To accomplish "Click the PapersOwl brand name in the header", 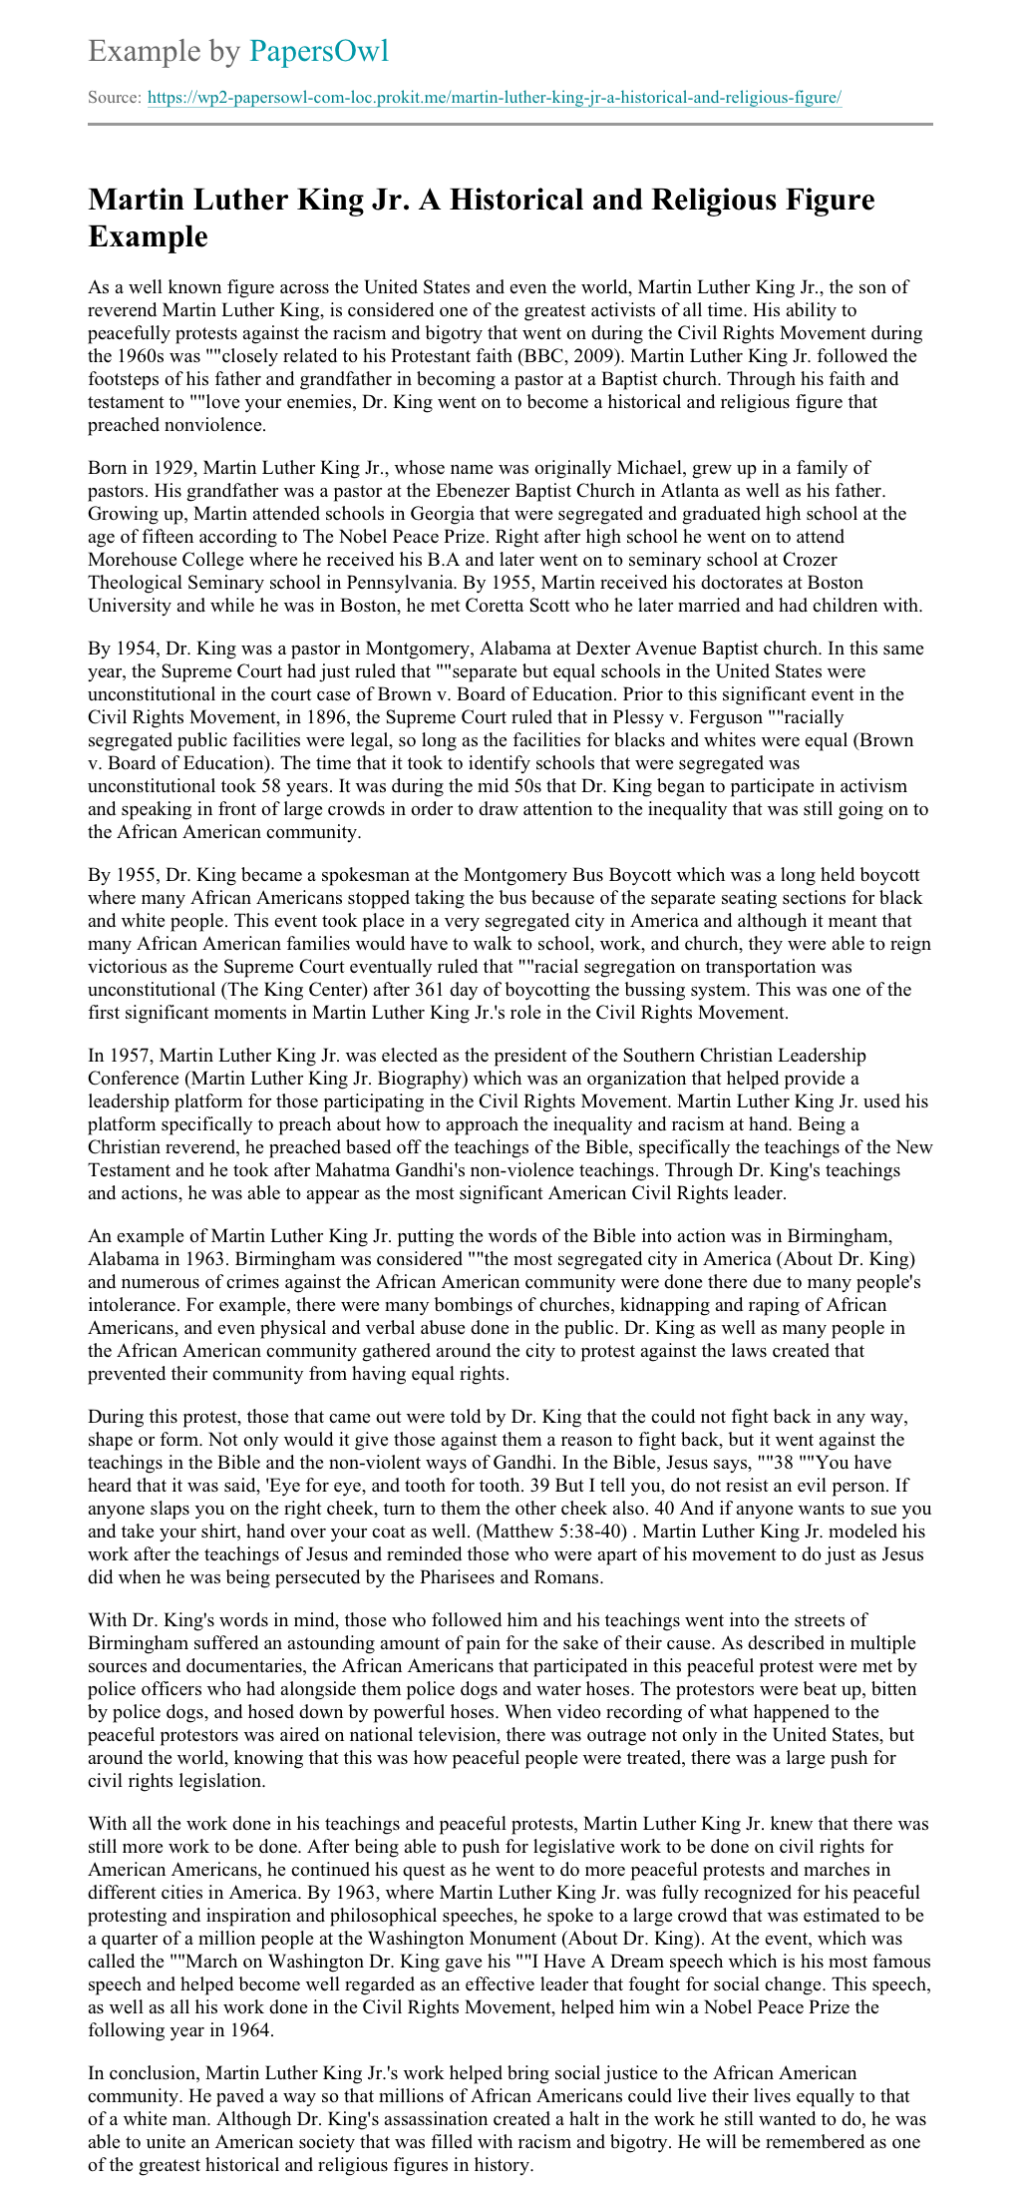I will point(319,51).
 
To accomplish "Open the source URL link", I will point(495,98).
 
